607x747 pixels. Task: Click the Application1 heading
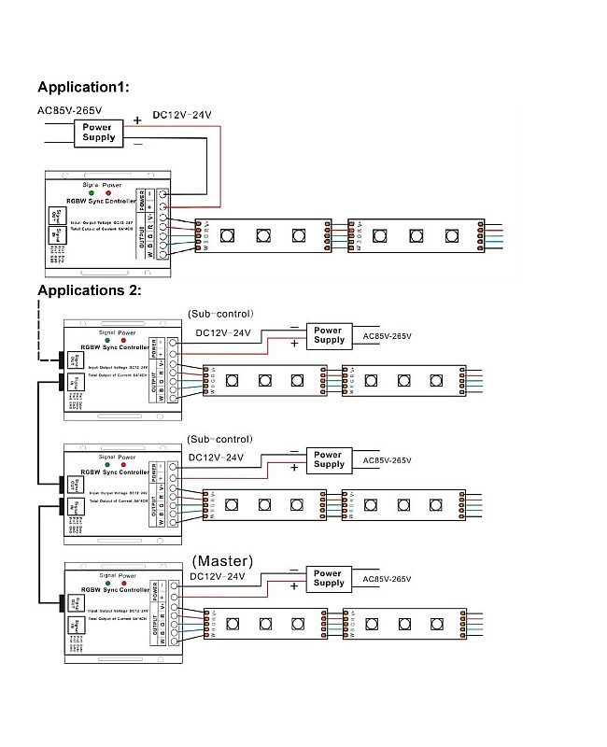[x=83, y=87]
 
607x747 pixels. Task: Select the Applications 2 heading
[x=89, y=289]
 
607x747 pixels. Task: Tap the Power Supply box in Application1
[x=99, y=133]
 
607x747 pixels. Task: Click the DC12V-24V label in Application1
[x=182, y=115]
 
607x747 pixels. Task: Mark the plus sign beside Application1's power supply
[x=137, y=120]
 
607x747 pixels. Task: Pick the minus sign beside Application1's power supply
[x=137, y=145]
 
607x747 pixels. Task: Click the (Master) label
[x=222, y=561]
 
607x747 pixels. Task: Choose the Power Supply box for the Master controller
[x=328, y=578]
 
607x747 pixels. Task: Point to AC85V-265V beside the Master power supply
[x=387, y=579]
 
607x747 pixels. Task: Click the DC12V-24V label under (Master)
[x=217, y=577]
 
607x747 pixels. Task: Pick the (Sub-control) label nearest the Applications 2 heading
[x=220, y=314]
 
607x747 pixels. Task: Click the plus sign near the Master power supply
[x=295, y=586]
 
